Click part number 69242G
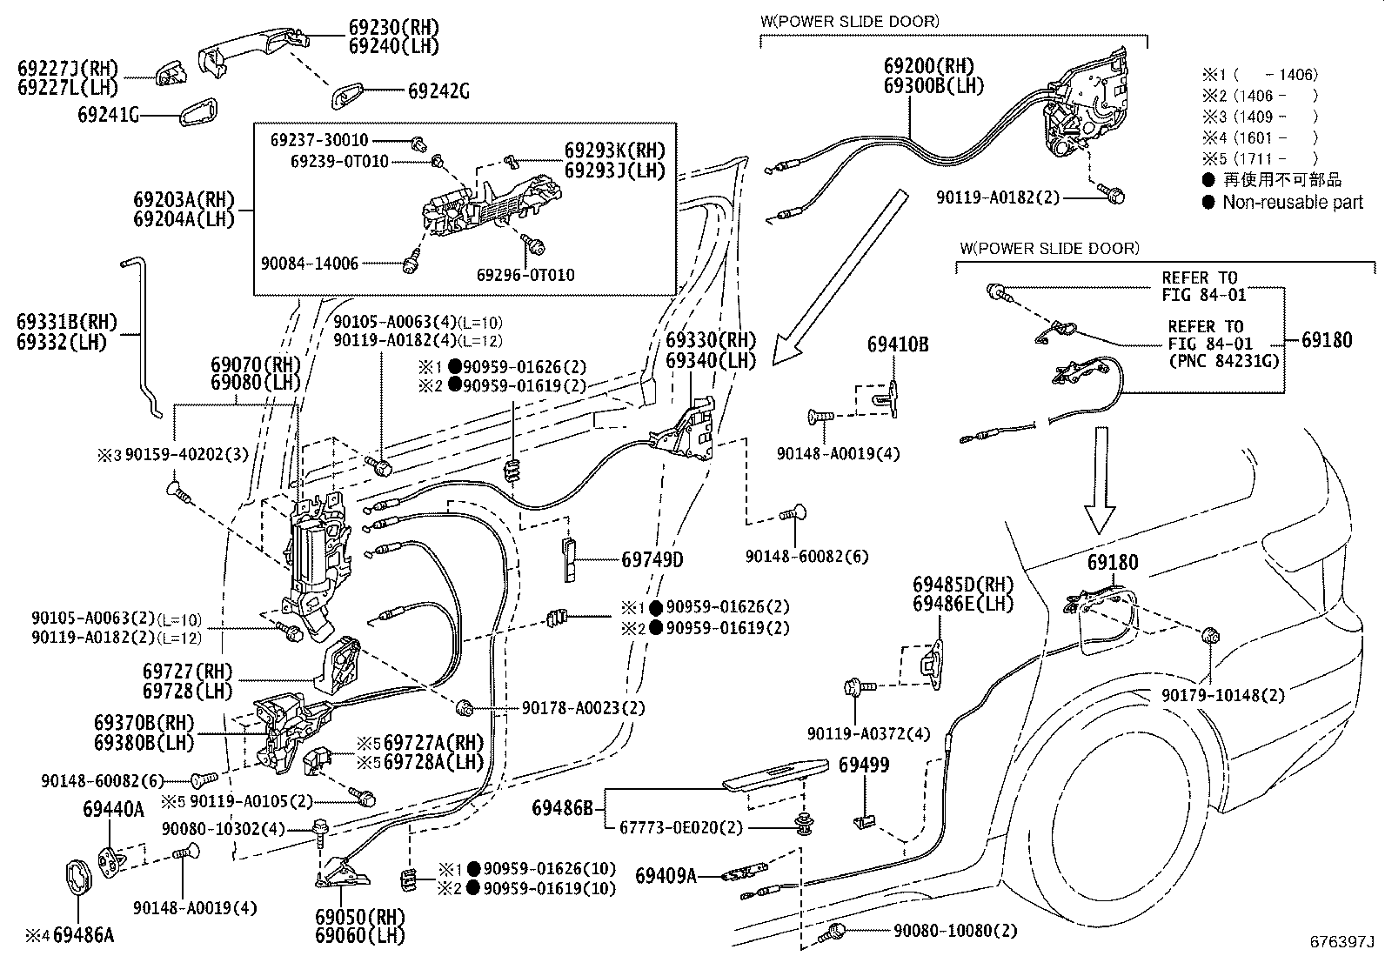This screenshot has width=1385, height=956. click(x=438, y=90)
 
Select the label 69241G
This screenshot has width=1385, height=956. click(x=108, y=114)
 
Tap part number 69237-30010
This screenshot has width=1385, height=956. click(x=318, y=140)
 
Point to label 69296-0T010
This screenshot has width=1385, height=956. click(x=525, y=276)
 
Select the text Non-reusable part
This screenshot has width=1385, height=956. click(x=1293, y=202)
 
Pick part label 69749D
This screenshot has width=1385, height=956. click(x=652, y=559)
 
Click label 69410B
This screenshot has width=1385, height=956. click(x=898, y=344)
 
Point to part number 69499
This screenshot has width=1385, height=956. click(x=864, y=765)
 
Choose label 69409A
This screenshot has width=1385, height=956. click(x=666, y=875)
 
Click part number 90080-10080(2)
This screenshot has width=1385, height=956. click(x=954, y=931)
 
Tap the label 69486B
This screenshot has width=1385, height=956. click(x=562, y=808)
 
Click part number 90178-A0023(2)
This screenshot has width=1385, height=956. click(x=584, y=708)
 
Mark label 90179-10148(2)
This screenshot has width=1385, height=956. click(x=1222, y=695)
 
